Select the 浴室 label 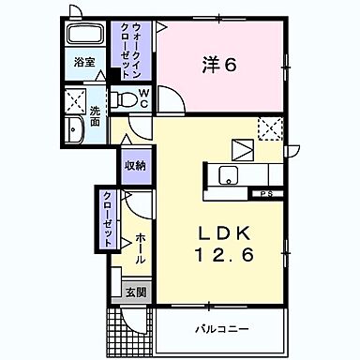(85, 63)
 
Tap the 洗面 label (96, 117)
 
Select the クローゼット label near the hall (108, 217)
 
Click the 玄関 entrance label (135, 292)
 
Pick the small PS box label (267, 194)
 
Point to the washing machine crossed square (75, 100)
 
